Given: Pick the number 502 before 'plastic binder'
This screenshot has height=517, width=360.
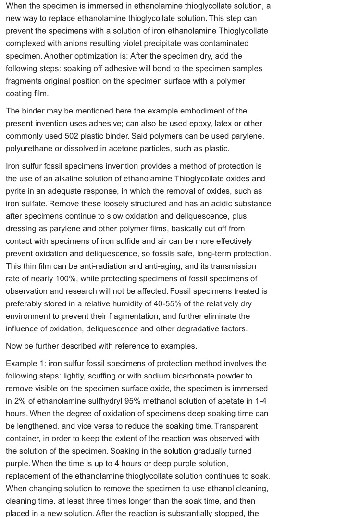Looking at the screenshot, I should point(71,136).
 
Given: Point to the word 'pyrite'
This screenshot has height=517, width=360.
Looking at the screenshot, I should point(17,191).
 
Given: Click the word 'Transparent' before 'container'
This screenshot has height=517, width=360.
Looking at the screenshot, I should point(236,426).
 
